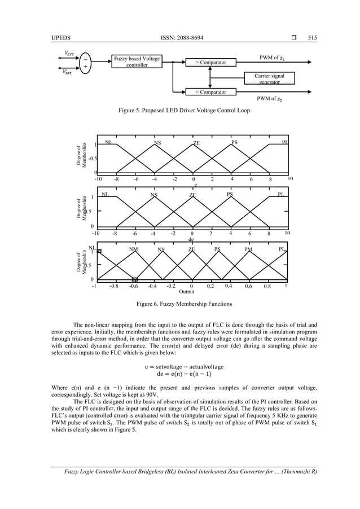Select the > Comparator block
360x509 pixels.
211,62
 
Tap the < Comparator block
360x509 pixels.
211,91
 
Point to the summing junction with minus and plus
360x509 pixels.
85,62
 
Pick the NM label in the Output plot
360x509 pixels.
133,249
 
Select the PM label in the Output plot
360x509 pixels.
248,249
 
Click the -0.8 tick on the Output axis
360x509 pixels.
113,286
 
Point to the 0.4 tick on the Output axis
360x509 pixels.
229,286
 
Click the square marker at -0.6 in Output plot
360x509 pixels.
134,279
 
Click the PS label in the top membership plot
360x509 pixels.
234,143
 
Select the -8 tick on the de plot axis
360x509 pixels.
115,232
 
